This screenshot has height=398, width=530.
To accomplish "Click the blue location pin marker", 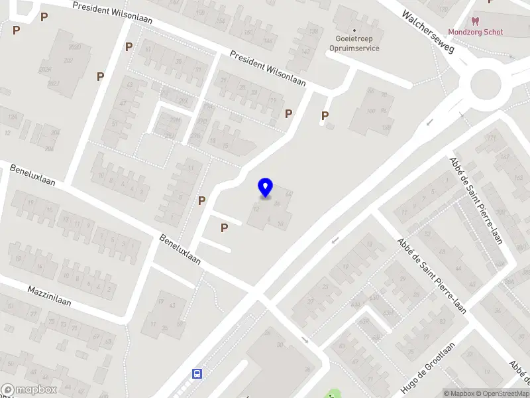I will [265, 188].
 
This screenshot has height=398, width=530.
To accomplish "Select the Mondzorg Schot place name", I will [475, 32].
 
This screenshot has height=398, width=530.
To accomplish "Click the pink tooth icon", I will [474, 21].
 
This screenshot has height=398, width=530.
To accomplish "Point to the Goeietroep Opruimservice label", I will [354, 43].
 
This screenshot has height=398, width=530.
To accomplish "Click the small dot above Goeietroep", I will [354, 30].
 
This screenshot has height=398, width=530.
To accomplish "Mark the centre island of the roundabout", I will [486, 84].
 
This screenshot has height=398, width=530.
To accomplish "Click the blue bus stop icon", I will [197, 373].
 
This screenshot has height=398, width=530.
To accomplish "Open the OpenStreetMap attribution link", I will [502, 393].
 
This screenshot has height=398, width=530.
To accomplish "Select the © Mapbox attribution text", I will [460, 393].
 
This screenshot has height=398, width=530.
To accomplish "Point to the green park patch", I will [332, 394].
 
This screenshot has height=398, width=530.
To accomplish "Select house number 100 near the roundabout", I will [370, 110].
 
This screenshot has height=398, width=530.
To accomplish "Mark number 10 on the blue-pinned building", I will [281, 224].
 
